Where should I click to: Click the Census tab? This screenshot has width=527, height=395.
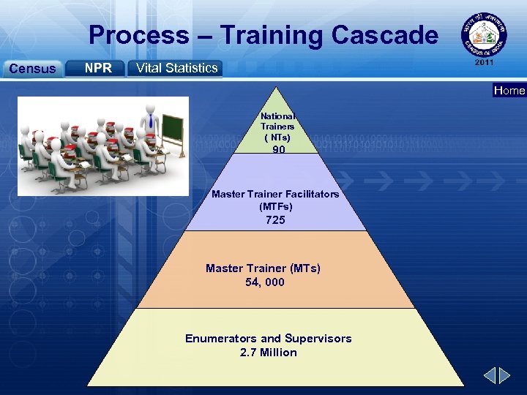31,69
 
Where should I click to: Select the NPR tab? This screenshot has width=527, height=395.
98,68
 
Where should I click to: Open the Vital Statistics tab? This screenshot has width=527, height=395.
176,68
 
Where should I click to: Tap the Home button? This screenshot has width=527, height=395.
509,91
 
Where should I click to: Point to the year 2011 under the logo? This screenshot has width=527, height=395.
484,63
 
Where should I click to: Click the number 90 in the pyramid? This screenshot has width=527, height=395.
279,149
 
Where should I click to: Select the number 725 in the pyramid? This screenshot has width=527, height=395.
276,220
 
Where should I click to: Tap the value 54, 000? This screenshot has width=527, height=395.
265,282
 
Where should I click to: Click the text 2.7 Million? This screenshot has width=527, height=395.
269,353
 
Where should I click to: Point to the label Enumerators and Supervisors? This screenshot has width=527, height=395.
269,339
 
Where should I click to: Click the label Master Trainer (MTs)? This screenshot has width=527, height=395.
263,268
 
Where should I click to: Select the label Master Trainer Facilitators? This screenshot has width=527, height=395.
275,194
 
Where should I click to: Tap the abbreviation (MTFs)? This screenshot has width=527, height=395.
276,207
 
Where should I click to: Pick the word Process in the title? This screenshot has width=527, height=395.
138,34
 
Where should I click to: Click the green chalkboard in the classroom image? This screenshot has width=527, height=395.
173,129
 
